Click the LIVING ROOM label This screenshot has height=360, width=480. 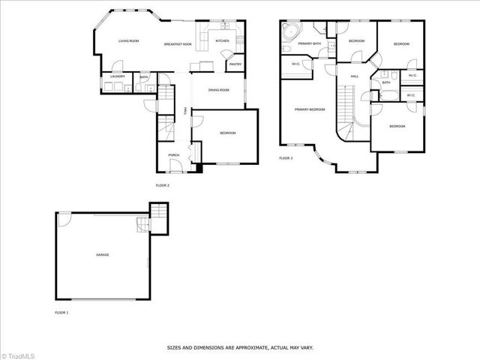click(x=129, y=41)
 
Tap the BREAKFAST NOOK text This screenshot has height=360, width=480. click(x=178, y=45)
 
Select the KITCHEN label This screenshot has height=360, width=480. click(x=222, y=41)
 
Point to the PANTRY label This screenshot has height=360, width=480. click(x=235, y=64)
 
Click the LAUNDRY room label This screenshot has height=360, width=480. click(x=117, y=76)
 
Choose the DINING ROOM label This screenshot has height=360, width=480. click(x=218, y=90)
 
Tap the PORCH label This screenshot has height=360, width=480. click(x=173, y=155)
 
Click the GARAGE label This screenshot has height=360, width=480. click(x=102, y=255)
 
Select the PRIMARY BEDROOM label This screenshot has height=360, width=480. click(x=310, y=109)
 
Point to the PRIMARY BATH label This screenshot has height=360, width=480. click(x=309, y=43)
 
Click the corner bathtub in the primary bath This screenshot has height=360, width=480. click(x=289, y=32)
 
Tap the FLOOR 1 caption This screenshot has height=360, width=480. click(x=61, y=311)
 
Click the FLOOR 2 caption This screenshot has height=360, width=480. click(x=162, y=185)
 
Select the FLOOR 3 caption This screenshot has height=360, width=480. click(x=286, y=158)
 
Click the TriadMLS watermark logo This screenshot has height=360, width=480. click(x=18, y=354)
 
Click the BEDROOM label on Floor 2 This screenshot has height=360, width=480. click(x=227, y=133)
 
